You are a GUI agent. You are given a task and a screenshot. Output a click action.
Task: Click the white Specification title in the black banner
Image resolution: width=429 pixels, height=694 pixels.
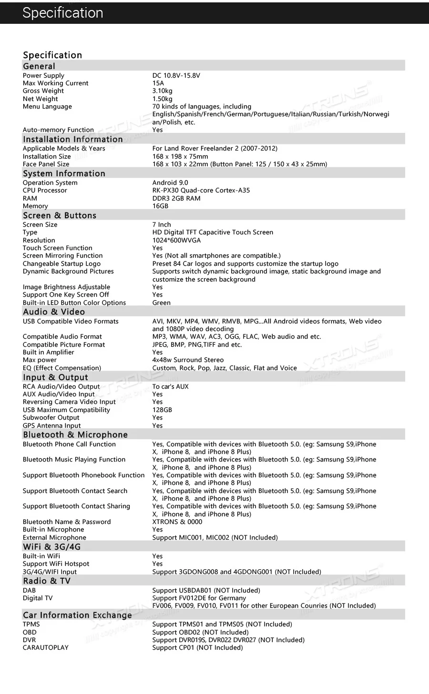(62, 13)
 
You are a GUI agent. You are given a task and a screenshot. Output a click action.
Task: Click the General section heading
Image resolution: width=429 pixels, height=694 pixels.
(39, 66)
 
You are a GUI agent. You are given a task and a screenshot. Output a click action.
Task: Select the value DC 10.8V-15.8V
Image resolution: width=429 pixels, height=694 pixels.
(176, 76)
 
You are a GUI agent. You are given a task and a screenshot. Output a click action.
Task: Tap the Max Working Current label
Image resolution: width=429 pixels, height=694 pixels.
(55, 83)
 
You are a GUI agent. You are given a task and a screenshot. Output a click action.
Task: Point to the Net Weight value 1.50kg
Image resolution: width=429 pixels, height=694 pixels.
(162, 99)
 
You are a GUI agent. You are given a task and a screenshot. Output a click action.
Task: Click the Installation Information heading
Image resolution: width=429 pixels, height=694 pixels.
(72, 139)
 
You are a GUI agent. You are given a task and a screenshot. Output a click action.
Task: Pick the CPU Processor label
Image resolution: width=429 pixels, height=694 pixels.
(45, 191)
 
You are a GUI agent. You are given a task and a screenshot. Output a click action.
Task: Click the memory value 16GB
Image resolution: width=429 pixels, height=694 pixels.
(160, 206)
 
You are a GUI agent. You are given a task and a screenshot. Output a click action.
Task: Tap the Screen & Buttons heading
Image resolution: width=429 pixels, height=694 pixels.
(60, 215)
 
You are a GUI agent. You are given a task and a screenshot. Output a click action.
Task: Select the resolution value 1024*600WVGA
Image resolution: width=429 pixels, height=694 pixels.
(176, 241)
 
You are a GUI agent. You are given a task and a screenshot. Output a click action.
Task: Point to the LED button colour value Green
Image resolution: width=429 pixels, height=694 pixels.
(161, 303)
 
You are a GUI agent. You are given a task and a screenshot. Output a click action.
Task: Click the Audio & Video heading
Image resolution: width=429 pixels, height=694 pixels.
(54, 312)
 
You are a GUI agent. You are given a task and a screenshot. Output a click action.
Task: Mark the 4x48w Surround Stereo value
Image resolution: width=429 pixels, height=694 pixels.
(188, 360)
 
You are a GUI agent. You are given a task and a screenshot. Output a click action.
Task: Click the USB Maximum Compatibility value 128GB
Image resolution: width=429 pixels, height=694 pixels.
(162, 410)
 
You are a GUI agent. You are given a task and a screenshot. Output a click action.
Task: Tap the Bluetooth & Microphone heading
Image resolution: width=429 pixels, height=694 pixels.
(75, 435)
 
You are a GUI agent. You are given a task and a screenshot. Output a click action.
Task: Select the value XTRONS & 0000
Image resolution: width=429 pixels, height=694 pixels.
(177, 522)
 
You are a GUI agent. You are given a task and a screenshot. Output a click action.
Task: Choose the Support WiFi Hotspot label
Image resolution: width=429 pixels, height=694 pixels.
(56, 564)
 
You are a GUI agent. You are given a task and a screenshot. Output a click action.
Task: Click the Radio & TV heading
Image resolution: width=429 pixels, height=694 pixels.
(47, 581)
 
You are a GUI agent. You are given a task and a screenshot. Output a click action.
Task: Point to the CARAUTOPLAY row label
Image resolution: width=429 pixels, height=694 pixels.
(45, 648)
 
